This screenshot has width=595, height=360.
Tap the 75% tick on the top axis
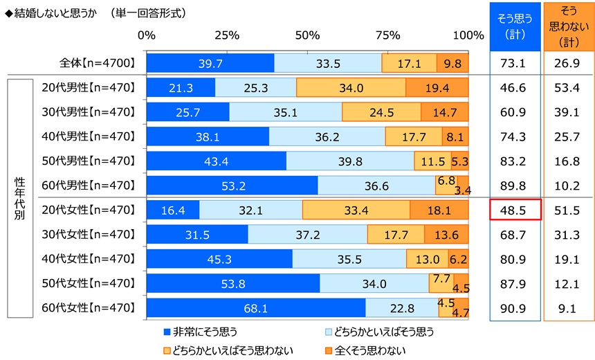pos(388,35)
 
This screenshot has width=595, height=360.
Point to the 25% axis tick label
pos(227,35)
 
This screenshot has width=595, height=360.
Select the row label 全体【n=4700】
pos(96,63)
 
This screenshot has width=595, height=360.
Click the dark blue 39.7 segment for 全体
pos(210,63)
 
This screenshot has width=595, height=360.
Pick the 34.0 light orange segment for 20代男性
pos(351,87)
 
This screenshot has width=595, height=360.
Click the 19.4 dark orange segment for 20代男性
pos(437,87)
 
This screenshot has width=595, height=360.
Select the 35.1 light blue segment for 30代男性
pos(285,112)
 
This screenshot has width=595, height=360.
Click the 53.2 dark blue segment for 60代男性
pos(232,186)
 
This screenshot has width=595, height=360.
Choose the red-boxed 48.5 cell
pos(515,210)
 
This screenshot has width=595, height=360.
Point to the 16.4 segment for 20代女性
pos(173,210)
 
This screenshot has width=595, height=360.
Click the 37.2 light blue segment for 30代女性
pos(307,234)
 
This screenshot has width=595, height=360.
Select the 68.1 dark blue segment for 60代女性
pos(256,307)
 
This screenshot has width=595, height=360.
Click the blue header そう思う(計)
pos(515,26)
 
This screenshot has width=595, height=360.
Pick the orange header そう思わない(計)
pos(569,26)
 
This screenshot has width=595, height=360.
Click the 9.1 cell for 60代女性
pos(569,307)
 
